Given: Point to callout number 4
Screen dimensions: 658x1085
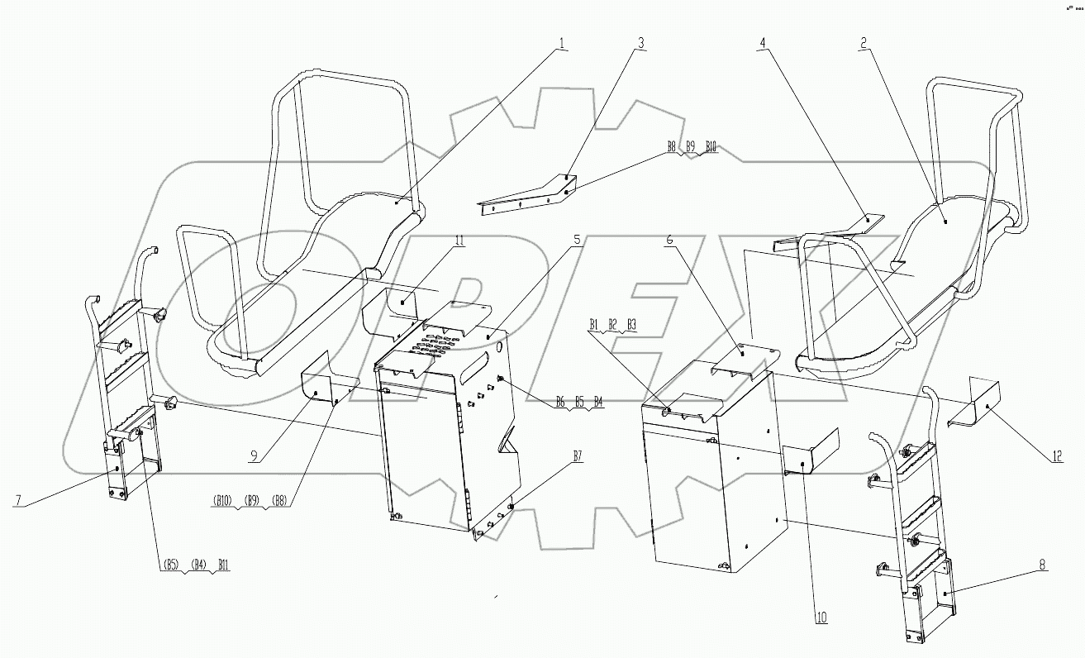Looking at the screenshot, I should (761, 45).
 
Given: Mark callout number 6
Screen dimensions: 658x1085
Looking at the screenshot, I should (669, 241).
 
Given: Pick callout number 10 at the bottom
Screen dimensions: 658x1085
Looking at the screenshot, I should (822, 617).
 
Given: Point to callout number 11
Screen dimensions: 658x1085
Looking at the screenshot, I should (459, 241).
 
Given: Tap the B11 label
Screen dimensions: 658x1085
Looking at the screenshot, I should (224, 566).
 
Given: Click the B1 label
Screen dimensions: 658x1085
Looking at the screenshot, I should (594, 324).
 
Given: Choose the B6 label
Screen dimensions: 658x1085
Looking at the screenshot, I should (559, 401).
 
